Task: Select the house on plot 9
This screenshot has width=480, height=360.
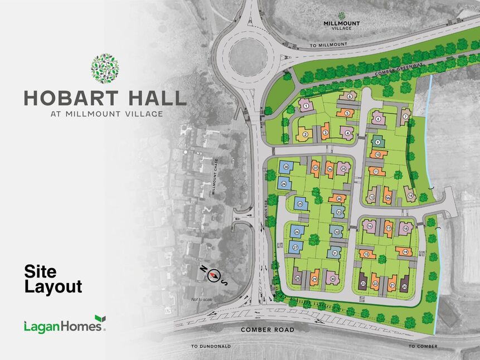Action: (378, 143)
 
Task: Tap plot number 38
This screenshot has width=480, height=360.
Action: (286, 167)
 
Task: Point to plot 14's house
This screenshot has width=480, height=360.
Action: (410, 196)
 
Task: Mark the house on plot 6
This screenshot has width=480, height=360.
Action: (349, 96)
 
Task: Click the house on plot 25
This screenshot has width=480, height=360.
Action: (300, 205)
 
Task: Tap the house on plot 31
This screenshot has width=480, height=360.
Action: (334, 253)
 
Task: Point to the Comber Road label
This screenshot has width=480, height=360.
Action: (267, 329)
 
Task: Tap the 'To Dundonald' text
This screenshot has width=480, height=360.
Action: (211, 346)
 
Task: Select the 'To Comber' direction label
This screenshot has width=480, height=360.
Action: (423, 346)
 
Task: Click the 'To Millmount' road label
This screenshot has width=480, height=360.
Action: (328, 44)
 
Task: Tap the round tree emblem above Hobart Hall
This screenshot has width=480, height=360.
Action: (105, 69)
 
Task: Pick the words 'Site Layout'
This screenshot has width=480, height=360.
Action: (53, 279)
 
